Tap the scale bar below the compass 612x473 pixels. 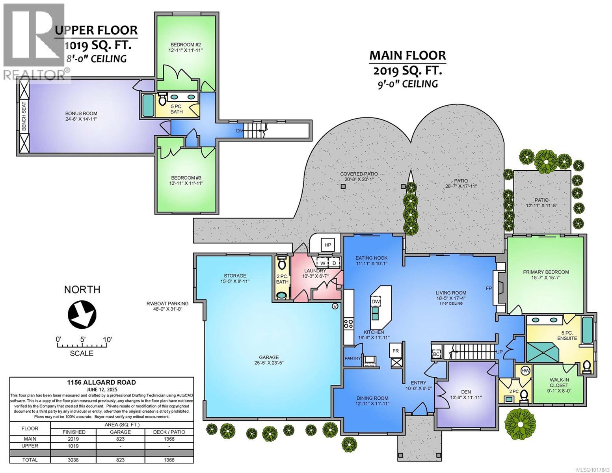(x=82, y=345)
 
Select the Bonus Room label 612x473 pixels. (x=82, y=114)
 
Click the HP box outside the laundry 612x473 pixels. (x=328, y=245)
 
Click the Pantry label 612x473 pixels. (x=352, y=358)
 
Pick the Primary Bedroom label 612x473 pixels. (x=546, y=272)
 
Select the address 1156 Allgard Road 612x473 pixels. (x=102, y=382)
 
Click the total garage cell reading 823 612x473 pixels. (x=120, y=460)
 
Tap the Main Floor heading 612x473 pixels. (x=407, y=56)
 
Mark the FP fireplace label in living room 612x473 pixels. (x=489, y=288)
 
